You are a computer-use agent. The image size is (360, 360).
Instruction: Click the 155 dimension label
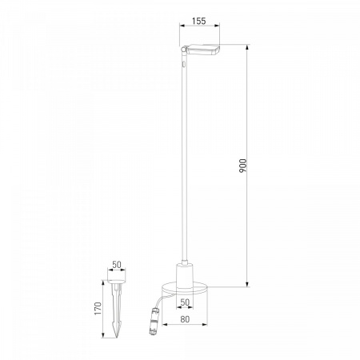[x=199, y=21]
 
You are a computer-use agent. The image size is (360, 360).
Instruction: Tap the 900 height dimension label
[x=243, y=166]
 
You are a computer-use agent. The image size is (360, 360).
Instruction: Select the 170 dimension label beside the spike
[x=98, y=309]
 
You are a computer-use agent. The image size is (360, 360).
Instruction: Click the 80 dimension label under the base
[x=185, y=319]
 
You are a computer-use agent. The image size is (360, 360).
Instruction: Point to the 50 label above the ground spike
[x=117, y=265]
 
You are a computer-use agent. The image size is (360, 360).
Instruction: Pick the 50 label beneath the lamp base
[x=185, y=302]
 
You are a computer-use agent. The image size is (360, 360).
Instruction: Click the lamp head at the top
[x=203, y=50]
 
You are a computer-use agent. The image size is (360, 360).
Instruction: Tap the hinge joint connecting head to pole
[x=183, y=50]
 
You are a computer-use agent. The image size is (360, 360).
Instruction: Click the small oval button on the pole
[x=184, y=64]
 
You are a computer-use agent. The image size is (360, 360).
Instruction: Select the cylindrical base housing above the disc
[x=185, y=275]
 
